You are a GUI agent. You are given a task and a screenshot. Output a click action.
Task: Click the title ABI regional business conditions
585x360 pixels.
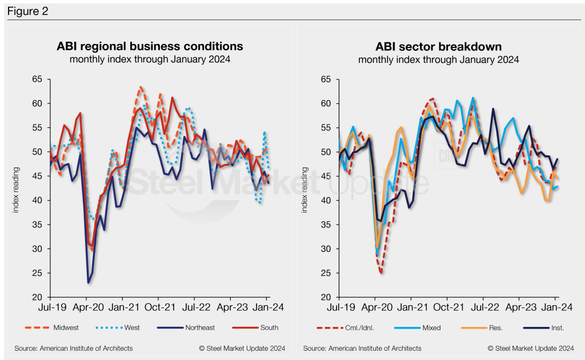pyautogui.click(x=149, y=46)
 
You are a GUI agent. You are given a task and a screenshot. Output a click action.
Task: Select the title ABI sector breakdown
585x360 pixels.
pyautogui.click(x=438, y=46)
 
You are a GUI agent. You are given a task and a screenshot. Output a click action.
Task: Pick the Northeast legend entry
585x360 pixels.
pyautogui.click(x=189, y=327)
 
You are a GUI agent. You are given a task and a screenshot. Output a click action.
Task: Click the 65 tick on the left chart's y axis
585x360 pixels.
pyautogui.click(x=37, y=79)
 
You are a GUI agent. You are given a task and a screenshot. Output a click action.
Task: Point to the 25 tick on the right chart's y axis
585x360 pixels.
pyautogui.click(x=326, y=273)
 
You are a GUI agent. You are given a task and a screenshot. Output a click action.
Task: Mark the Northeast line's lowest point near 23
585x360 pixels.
pyautogui.click(x=89, y=282)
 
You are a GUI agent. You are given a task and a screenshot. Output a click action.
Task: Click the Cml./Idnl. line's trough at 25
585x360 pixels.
pyautogui.click(x=380, y=273)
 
